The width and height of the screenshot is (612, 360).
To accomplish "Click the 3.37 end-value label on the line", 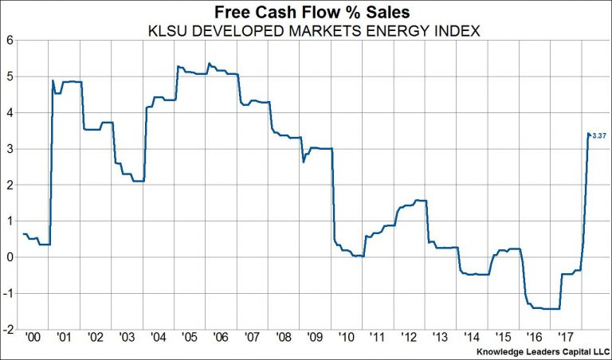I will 599,137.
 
